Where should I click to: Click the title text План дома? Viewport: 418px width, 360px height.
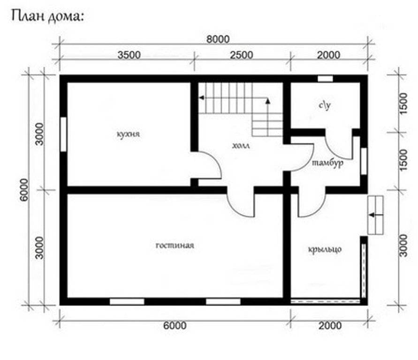click(48, 17)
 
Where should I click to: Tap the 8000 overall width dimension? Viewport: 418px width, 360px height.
click(218, 39)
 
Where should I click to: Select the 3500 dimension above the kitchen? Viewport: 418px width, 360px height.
click(129, 55)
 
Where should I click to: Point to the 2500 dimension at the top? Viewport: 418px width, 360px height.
click(242, 55)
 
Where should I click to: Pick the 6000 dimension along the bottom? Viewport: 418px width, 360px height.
click(175, 325)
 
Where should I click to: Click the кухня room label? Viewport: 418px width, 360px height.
click(128, 134)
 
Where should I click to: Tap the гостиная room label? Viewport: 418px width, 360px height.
click(175, 245)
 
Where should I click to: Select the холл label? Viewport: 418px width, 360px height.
click(241, 146)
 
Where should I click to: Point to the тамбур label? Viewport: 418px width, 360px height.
click(327, 163)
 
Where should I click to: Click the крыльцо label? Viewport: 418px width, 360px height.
click(325, 249)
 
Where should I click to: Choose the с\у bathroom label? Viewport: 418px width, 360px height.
click(325, 105)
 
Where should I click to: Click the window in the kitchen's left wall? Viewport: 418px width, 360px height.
click(63, 135)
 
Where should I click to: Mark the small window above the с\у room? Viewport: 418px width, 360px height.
click(325, 79)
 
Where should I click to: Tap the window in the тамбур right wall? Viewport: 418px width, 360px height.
click(364, 161)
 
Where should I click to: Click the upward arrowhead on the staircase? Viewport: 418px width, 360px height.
click(268, 101)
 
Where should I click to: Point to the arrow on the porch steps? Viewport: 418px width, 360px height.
click(376, 215)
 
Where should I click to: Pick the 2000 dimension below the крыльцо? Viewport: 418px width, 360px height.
click(330, 325)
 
